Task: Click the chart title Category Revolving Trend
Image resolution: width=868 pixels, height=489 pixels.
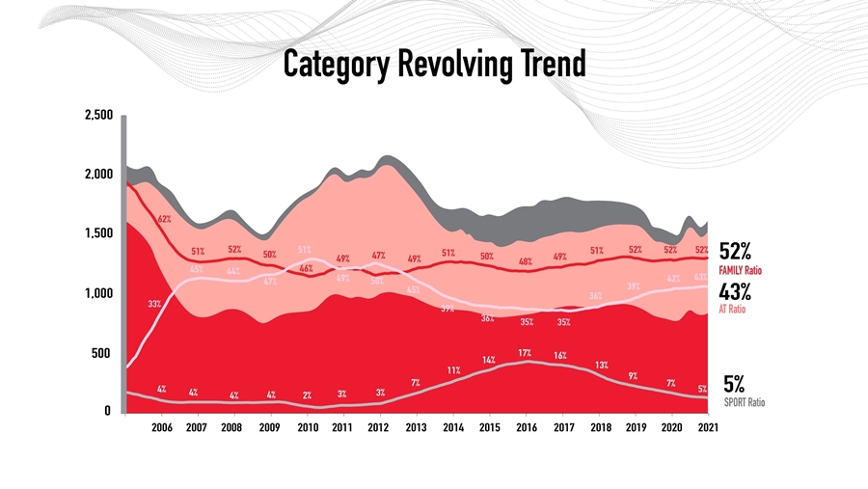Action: tap(434, 65)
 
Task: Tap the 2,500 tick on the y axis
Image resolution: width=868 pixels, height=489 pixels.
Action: tap(100, 115)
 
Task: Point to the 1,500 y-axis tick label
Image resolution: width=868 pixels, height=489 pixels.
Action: tap(100, 233)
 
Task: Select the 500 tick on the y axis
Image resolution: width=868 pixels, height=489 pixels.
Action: tap(105, 353)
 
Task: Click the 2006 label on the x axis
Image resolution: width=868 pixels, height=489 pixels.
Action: tap(161, 427)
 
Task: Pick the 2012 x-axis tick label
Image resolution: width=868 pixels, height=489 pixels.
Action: tap(379, 427)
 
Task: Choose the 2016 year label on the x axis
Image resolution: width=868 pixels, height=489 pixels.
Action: tap(526, 427)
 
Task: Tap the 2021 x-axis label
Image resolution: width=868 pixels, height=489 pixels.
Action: tap(707, 427)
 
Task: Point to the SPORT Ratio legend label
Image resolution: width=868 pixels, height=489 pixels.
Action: tap(744, 402)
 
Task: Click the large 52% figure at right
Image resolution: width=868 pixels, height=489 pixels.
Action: tap(735, 252)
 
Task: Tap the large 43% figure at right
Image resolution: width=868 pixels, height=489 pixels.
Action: tap(735, 291)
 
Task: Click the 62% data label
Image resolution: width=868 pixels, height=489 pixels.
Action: tap(165, 219)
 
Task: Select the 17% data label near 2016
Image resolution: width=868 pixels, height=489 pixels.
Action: tap(525, 353)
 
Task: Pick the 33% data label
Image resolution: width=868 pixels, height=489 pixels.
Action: tap(154, 304)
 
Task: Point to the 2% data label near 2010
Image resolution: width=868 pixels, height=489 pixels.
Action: tap(307, 395)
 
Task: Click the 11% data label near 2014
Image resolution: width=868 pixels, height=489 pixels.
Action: tap(453, 370)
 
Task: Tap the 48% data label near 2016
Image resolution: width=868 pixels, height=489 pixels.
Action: tap(526, 261)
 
